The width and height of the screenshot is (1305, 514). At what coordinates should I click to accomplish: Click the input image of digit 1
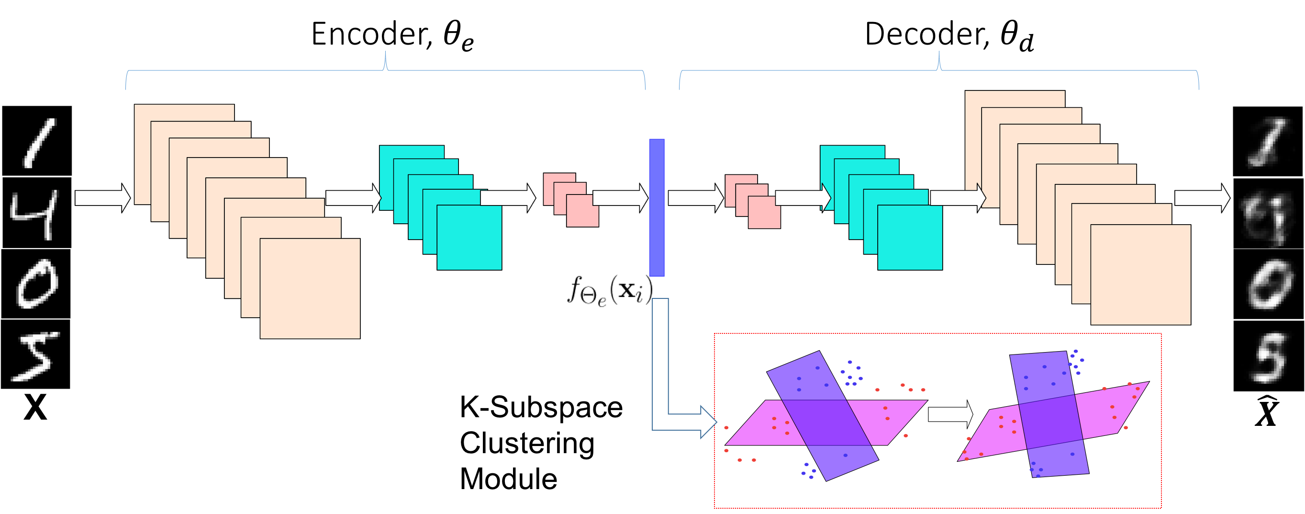(37, 141)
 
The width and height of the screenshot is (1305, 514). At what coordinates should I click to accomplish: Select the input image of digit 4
(37, 212)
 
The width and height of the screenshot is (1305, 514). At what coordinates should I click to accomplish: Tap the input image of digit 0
(36, 284)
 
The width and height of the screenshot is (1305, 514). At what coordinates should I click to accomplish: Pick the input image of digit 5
(36, 354)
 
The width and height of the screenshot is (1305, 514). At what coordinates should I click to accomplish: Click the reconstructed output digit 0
(1268, 285)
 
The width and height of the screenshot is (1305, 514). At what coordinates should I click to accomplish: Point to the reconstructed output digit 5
(1268, 356)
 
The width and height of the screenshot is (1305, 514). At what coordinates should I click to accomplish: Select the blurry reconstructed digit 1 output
(1268, 141)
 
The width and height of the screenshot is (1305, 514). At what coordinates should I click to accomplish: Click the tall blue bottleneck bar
(657, 207)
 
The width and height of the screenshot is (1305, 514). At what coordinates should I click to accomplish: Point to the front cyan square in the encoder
(469, 237)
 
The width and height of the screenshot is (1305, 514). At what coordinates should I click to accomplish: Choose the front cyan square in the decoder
(910, 237)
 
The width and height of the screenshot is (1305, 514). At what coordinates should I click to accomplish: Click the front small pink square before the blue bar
(582, 211)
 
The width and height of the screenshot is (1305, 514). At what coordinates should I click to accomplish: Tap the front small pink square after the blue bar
(764, 212)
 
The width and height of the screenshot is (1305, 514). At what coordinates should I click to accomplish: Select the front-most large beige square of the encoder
(310, 288)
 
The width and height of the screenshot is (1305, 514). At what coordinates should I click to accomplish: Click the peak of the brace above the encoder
(386, 53)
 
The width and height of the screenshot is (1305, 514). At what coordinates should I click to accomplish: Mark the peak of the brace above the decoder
(939, 53)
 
